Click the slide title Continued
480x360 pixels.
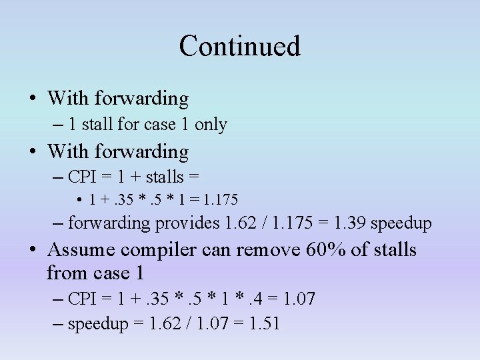click(240, 46)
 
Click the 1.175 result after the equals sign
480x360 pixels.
click(222, 199)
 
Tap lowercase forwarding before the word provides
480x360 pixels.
click(109, 223)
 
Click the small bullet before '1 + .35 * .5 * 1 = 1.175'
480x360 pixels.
click(79, 199)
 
